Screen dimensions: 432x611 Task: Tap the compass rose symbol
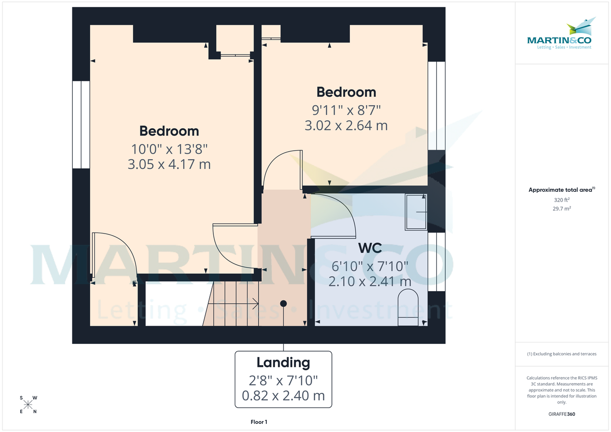29,405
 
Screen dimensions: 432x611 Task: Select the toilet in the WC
407,308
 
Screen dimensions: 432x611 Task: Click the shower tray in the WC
416,212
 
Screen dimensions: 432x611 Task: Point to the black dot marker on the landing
283,303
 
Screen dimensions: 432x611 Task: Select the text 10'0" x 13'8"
169,149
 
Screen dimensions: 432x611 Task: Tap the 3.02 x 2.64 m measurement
346,125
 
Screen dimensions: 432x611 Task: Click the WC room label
370,248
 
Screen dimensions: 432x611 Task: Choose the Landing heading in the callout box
283,363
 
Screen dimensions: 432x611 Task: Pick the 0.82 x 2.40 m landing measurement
283,396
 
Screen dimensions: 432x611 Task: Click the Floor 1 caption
259,422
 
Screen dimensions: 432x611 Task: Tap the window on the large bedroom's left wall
80,124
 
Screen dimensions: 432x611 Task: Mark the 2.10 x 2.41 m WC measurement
370,281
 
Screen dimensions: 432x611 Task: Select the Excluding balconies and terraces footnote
562,354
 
